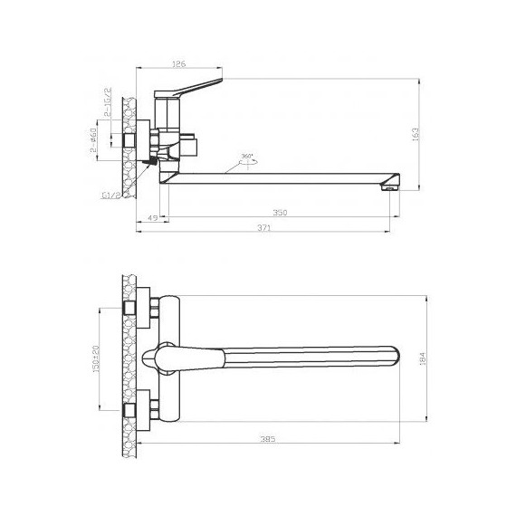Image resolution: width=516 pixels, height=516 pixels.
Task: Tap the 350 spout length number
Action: click(x=280, y=212)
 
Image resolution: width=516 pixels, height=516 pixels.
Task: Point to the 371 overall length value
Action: click(x=263, y=230)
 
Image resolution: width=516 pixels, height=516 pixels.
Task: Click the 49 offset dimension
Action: click(x=151, y=217)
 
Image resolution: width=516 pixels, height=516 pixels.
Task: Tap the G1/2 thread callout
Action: click(x=109, y=193)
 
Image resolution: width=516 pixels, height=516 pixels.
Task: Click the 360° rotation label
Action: click(x=247, y=156)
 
